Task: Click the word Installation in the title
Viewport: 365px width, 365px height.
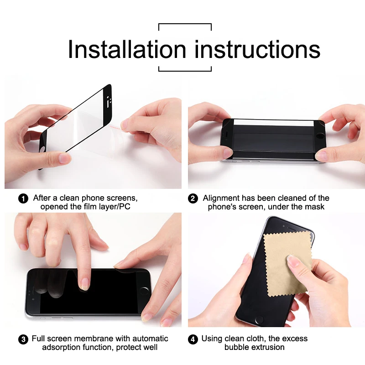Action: pyautogui.click(x=127, y=49)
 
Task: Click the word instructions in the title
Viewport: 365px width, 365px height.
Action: pyautogui.click(x=257, y=49)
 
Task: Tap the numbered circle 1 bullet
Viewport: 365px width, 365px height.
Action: pyautogui.click(x=23, y=198)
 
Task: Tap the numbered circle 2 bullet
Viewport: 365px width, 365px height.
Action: pyautogui.click(x=193, y=198)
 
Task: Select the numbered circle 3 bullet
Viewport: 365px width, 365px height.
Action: pyautogui.click(x=23, y=339)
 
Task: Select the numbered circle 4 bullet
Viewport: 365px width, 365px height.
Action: pyautogui.click(x=193, y=339)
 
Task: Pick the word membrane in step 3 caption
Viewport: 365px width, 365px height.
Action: pyautogui.click(x=99, y=339)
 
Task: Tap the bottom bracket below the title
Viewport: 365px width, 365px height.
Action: pyautogui.click(x=185, y=70)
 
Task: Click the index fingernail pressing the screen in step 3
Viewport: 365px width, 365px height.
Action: pyautogui.click(x=84, y=285)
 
